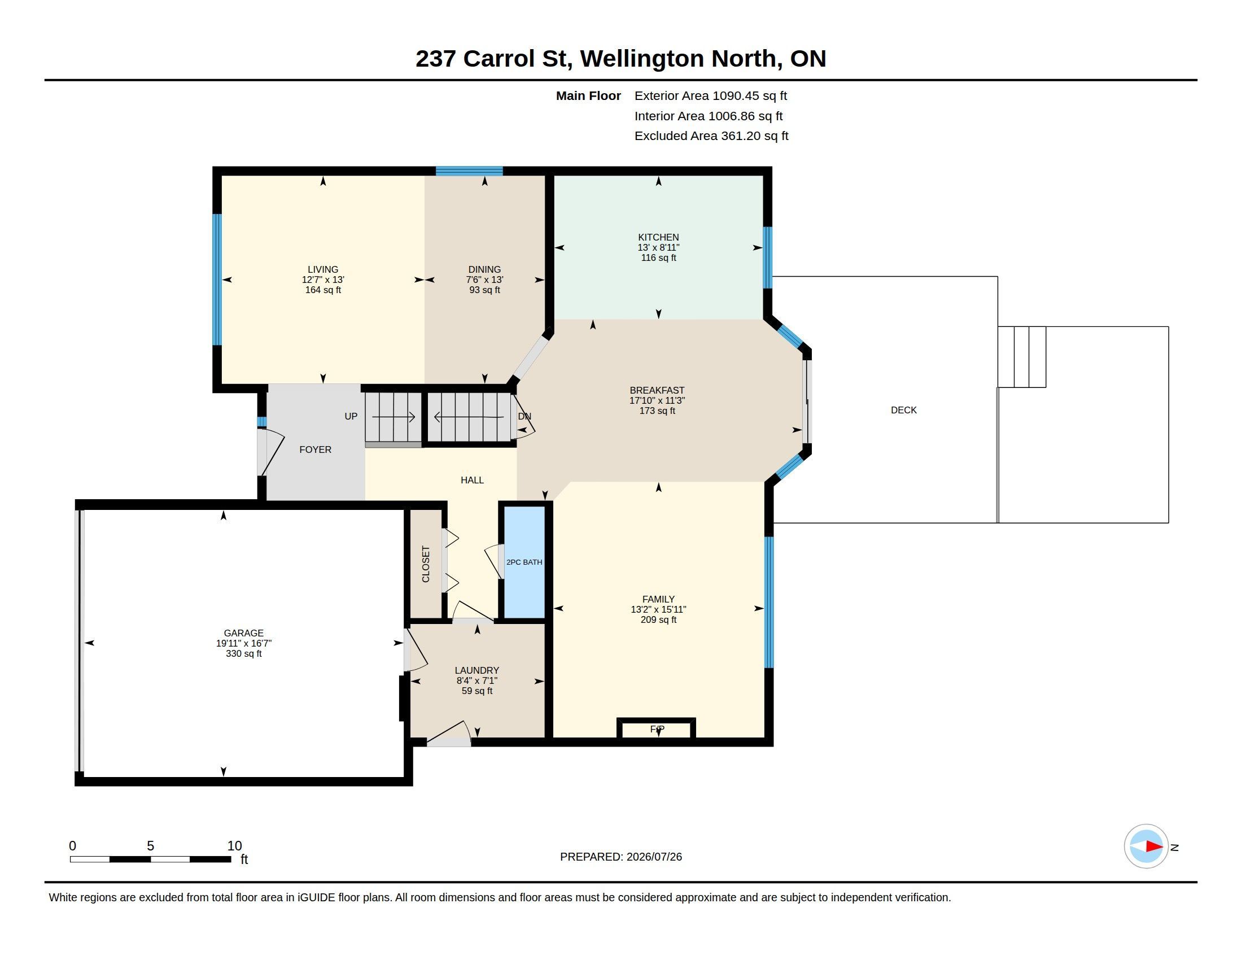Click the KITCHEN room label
click(658, 237)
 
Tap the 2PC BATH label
click(524, 562)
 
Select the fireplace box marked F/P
click(656, 728)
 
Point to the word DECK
click(903, 410)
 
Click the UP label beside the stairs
click(351, 416)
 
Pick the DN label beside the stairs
click(524, 416)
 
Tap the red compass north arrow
click(1154, 846)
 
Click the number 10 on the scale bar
click(234, 846)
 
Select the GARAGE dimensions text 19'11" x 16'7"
click(243, 643)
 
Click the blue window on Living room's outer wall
click(217, 279)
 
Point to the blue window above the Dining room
click(469, 171)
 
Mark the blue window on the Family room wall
click(769, 602)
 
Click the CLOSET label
click(425, 564)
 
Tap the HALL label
click(472, 480)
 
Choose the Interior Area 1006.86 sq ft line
click(708, 116)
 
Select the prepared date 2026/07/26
click(654, 857)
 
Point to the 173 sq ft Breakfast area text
click(657, 411)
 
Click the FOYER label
click(315, 450)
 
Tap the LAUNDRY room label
click(476, 670)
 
